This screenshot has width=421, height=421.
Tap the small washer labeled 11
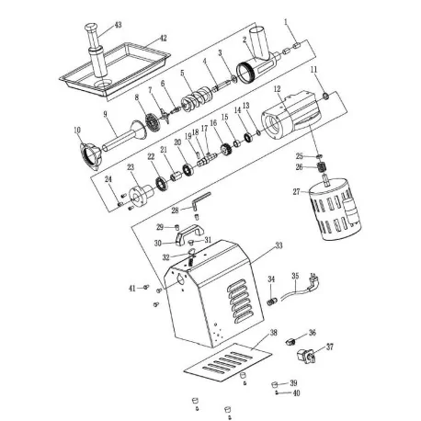pyautogui.click(x=325, y=95)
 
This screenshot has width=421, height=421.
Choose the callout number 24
pyautogui.click(x=108, y=178)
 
